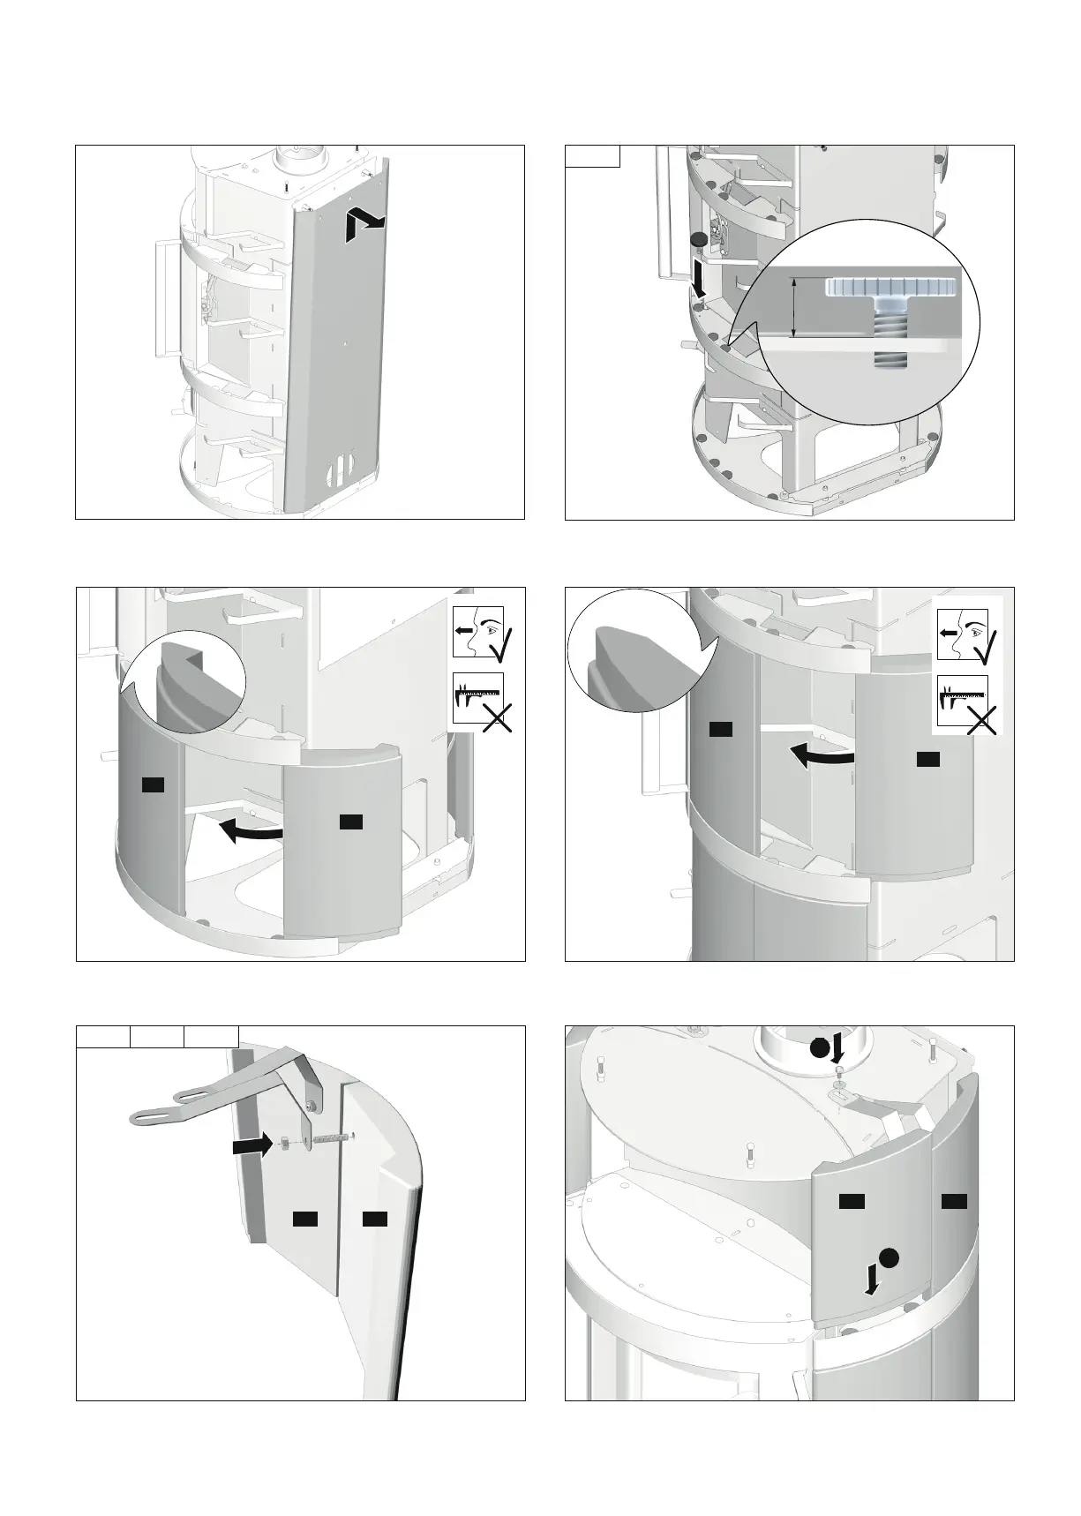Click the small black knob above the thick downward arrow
click(699, 239)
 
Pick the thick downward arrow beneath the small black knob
click(700, 278)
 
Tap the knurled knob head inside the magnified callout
click(891, 287)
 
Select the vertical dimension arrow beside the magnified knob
click(795, 306)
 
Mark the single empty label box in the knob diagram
click(592, 156)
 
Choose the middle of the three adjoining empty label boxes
click(157, 1036)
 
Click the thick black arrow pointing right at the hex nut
click(251, 1145)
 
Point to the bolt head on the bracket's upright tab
click(310, 1105)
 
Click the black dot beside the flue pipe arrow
click(820, 1048)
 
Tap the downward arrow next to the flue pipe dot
click(838, 1049)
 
